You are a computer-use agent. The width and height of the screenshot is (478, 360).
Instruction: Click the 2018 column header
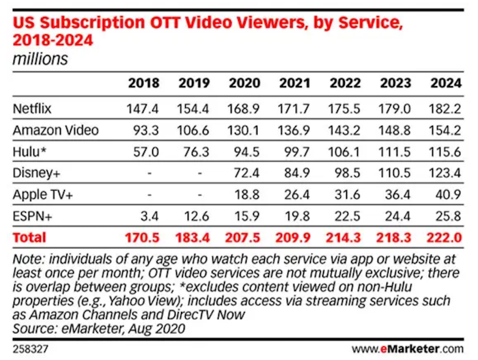click(143, 83)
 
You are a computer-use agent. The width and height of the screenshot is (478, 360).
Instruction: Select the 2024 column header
click(445, 83)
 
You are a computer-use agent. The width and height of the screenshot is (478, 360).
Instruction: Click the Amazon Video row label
click(55, 130)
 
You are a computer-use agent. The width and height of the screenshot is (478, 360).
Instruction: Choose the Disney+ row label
click(35, 173)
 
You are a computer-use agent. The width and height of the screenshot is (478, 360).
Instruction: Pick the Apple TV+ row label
click(42, 195)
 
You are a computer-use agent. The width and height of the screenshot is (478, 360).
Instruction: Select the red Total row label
click(29, 238)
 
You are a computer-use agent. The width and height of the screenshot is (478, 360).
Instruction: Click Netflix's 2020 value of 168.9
click(244, 109)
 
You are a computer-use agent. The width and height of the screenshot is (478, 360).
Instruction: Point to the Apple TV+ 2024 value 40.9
click(448, 195)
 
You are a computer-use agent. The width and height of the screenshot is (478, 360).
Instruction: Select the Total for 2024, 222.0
click(445, 238)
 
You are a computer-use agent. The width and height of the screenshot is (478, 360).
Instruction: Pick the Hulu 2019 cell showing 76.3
click(197, 152)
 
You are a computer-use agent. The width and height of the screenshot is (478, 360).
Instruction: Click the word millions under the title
click(40, 59)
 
